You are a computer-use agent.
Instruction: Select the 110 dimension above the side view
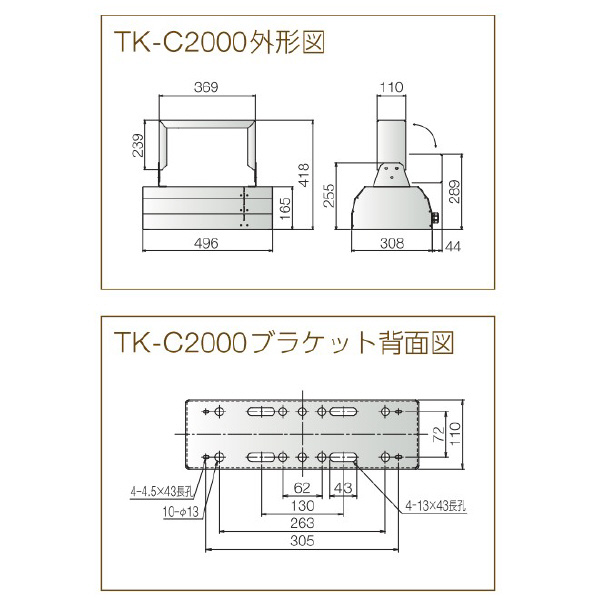click(x=391, y=88)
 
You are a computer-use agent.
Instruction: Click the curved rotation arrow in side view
click(x=426, y=134)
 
